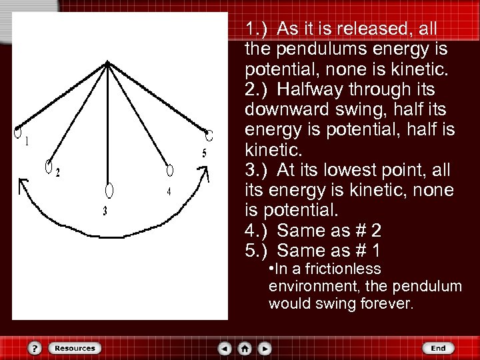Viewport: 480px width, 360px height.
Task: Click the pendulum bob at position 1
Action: [18, 131]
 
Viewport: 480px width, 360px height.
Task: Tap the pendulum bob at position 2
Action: [49, 166]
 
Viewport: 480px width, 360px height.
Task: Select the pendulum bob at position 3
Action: [109, 191]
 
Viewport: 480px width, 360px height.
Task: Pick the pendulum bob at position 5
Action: [209, 135]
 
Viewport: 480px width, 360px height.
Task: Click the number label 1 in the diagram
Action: [26, 142]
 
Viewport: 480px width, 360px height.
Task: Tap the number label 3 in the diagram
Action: [105, 211]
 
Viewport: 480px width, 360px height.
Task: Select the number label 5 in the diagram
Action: [204, 153]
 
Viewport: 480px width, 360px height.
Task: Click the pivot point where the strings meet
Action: [107, 63]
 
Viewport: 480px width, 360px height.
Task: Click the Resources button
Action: [74, 348]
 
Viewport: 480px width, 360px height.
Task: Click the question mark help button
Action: [35, 348]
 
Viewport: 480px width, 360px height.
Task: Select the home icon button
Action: [245, 348]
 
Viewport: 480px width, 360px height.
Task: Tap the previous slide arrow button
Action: [225, 348]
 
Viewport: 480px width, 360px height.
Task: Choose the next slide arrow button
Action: [265, 348]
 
